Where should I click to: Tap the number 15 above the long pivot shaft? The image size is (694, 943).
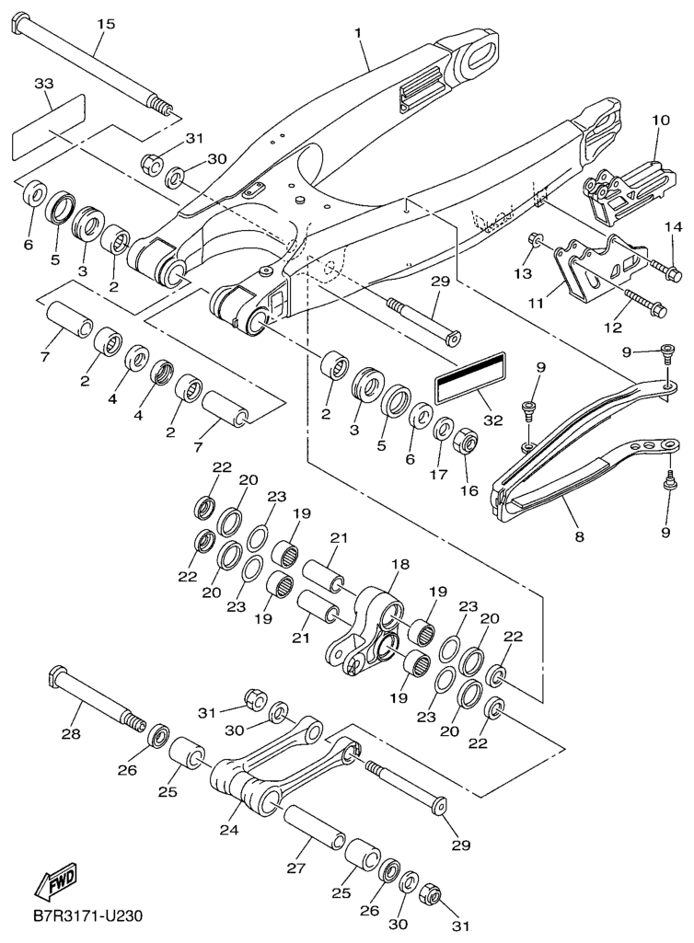(x=106, y=23)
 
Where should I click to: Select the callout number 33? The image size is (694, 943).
(x=44, y=84)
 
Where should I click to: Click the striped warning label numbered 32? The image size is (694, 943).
(x=470, y=377)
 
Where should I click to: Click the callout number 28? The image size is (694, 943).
(x=72, y=734)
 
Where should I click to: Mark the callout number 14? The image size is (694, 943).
(x=674, y=227)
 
